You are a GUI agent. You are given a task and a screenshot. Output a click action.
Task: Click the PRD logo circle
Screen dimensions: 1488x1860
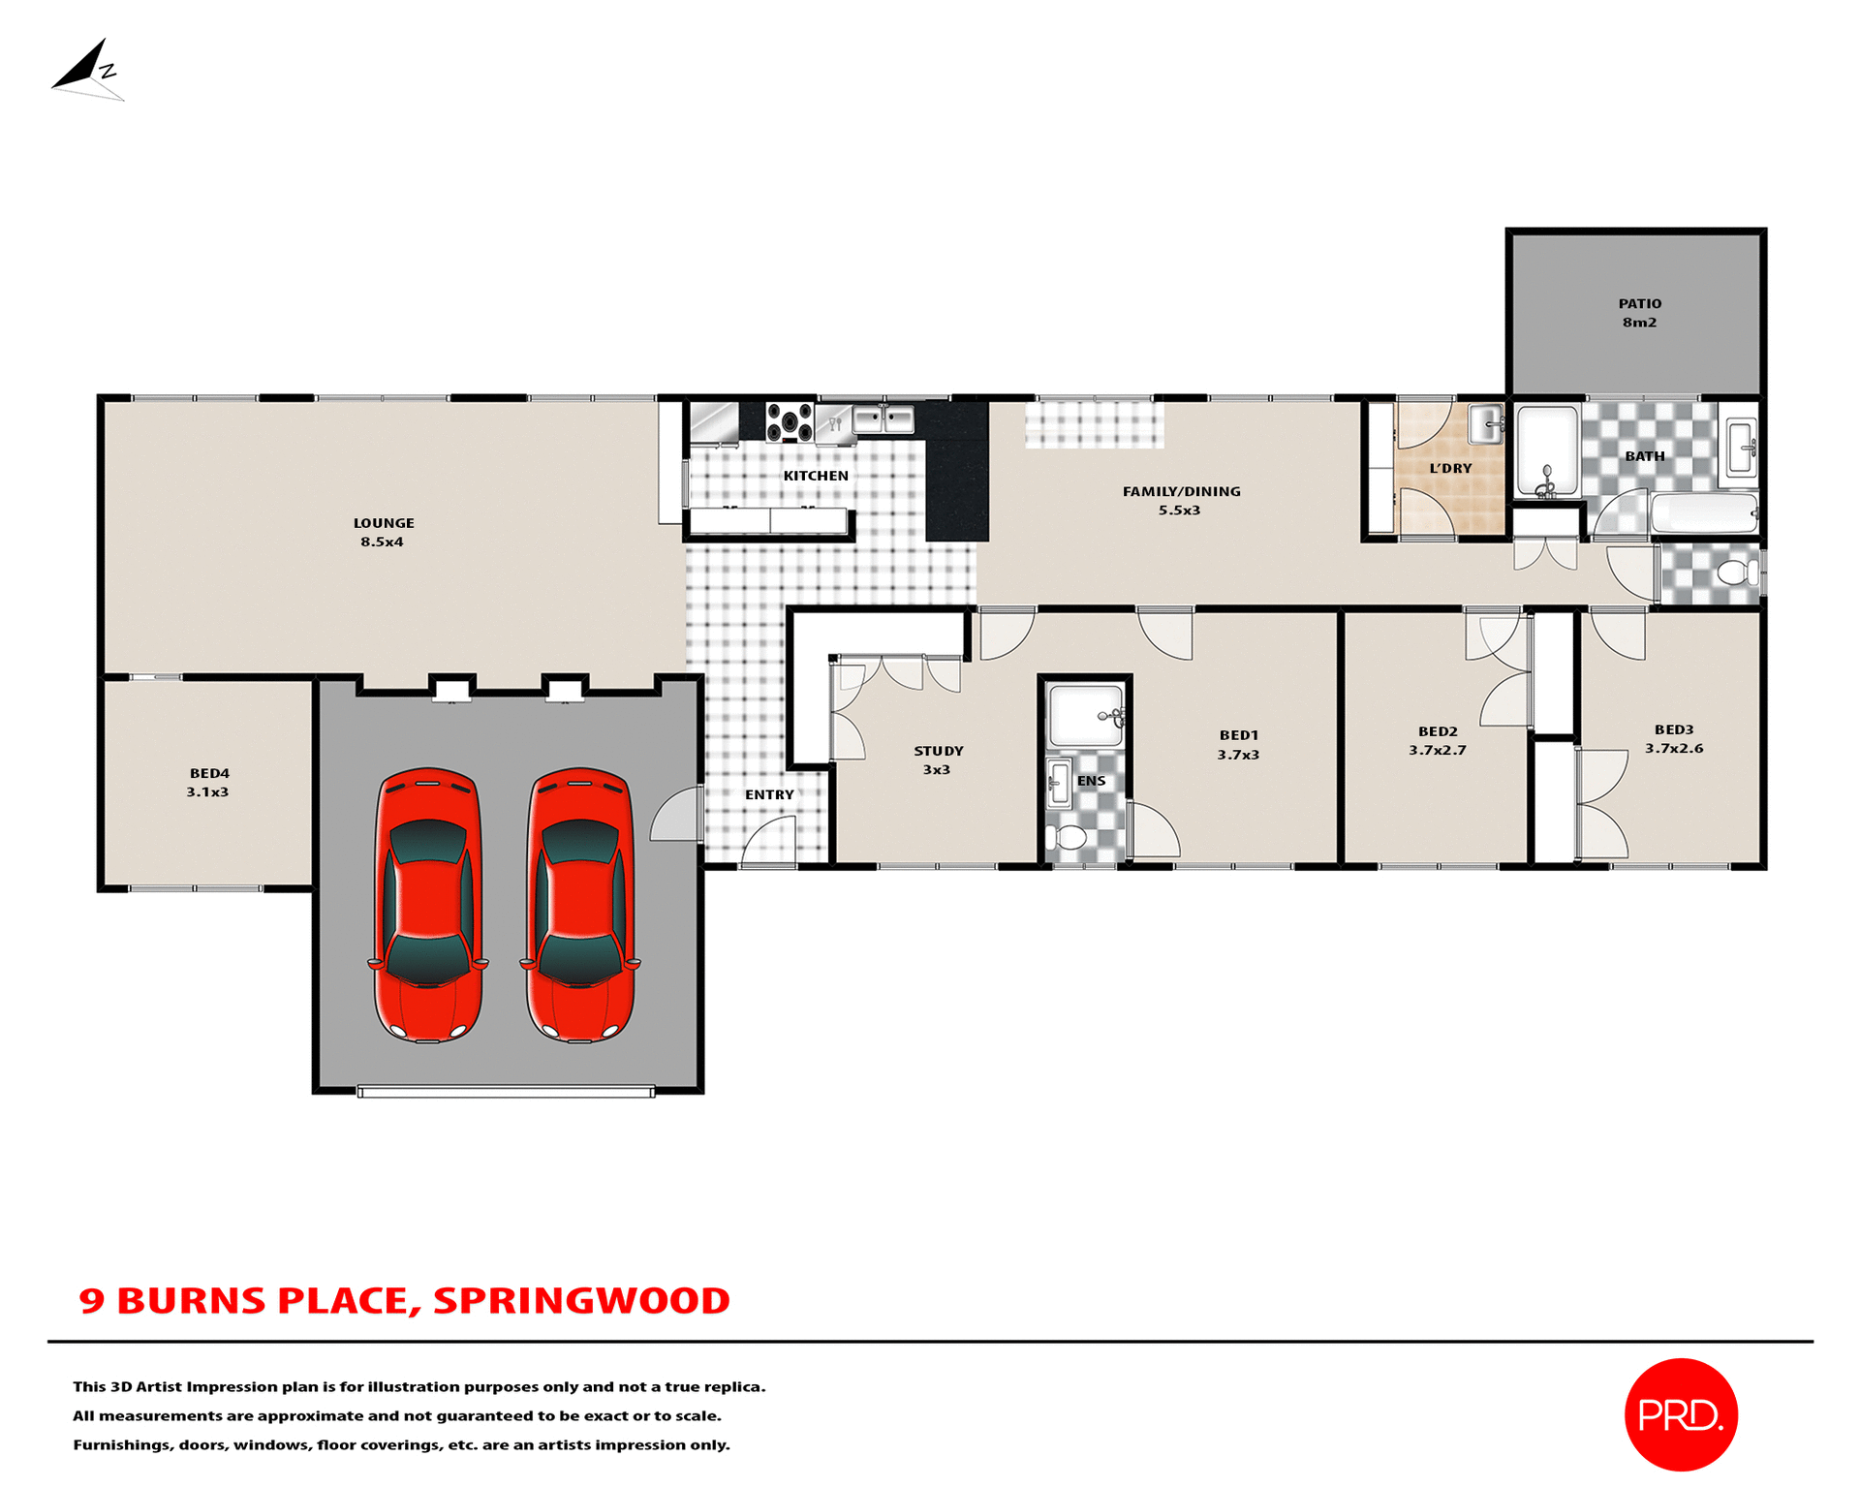(x=1680, y=1413)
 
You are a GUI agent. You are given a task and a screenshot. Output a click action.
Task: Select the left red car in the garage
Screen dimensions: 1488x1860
(x=428, y=905)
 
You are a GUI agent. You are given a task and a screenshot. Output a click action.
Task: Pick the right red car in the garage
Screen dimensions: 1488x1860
(x=580, y=905)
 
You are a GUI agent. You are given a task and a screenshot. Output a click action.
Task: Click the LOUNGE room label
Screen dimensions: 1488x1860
(x=384, y=523)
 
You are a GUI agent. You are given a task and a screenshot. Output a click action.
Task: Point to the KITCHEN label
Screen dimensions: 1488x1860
(x=816, y=476)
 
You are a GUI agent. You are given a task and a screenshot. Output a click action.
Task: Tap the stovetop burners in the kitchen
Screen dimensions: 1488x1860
(x=790, y=422)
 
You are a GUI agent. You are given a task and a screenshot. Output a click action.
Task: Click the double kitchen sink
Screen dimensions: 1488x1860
(x=883, y=419)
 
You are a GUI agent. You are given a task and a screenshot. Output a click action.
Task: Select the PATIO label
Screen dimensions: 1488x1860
(x=1639, y=304)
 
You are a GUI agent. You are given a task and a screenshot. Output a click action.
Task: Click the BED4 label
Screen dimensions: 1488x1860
(x=209, y=773)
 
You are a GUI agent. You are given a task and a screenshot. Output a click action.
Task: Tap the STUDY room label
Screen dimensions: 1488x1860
(x=938, y=751)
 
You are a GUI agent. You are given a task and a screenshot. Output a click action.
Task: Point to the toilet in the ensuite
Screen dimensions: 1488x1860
(x=1069, y=837)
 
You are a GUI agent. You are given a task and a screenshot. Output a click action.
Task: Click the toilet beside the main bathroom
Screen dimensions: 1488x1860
(x=1737, y=573)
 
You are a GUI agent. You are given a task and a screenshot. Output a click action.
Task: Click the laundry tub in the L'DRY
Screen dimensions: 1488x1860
(x=1485, y=423)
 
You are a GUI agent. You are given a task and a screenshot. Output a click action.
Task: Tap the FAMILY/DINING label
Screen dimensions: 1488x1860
(x=1181, y=491)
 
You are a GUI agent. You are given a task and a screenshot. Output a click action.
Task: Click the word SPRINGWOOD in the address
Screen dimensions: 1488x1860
(x=581, y=1300)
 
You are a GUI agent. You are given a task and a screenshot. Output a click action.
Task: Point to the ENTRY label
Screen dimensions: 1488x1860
(x=769, y=794)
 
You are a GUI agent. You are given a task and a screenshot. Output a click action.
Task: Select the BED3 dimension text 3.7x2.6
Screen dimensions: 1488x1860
(x=1673, y=748)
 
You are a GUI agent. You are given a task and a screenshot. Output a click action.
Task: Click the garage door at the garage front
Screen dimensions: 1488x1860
(x=506, y=1091)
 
